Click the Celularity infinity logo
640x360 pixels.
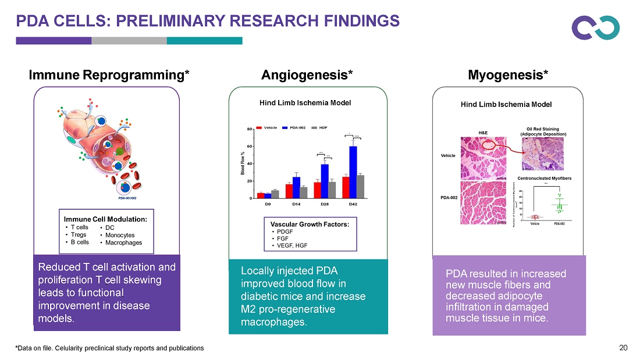595,27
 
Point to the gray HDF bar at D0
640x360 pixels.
275,194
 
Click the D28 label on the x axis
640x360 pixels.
325,205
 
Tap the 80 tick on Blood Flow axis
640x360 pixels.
249,129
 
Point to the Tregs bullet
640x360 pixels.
79,235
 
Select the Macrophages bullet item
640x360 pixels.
123,243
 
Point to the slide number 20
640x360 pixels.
624,348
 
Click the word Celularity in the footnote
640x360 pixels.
62,348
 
